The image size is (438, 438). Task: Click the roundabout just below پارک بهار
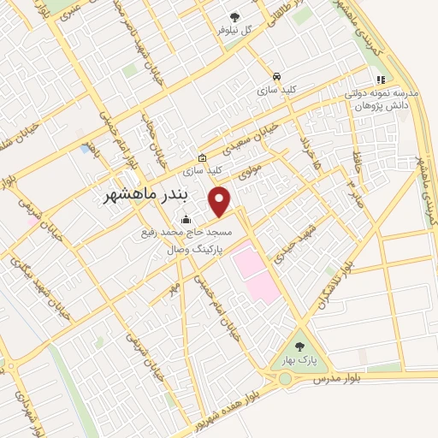pos(285,378)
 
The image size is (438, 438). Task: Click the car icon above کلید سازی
pos(275,75)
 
